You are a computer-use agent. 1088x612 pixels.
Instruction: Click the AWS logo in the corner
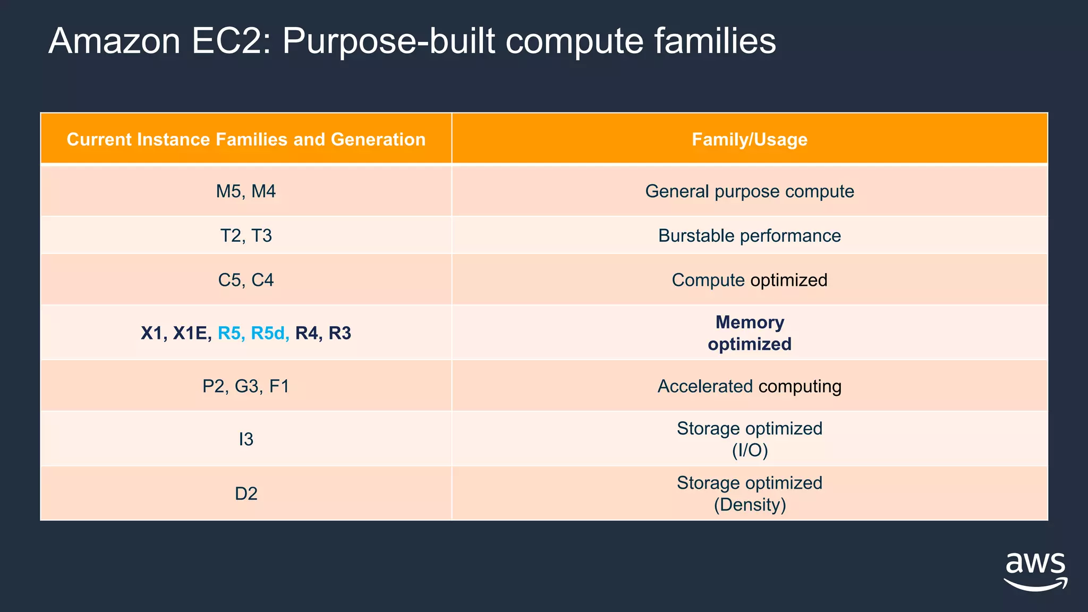coord(1035,572)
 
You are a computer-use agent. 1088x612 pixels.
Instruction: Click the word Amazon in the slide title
coord(114,41)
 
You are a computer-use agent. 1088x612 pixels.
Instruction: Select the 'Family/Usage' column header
coord(749,139)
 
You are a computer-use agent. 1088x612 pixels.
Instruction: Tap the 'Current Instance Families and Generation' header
coord(246,139)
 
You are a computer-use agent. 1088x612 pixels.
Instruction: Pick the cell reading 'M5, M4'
coord(246,191)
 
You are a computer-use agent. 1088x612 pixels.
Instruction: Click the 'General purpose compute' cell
coord(749,191)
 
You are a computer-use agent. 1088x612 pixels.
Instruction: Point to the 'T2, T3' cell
coord(246,235)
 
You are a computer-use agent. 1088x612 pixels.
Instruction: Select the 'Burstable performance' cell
coord(749,235)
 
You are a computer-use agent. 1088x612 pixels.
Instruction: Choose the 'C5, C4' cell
coord(246,280)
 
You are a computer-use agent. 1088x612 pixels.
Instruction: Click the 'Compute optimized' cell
coord(749,280)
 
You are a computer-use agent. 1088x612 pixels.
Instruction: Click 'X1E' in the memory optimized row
coord(189,333)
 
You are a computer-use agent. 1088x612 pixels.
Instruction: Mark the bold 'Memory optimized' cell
coord(749,333)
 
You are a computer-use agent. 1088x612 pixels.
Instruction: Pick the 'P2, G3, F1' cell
coord(246,386)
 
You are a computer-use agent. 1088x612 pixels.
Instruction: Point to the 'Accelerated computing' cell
coord(749,386)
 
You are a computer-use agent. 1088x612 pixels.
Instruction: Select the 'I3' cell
coord(246,439)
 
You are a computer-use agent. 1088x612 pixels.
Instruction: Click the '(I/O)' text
coord(750,450)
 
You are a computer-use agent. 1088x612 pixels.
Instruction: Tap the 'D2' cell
coord(246,494)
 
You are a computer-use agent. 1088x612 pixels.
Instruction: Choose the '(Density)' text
coord(750,505)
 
